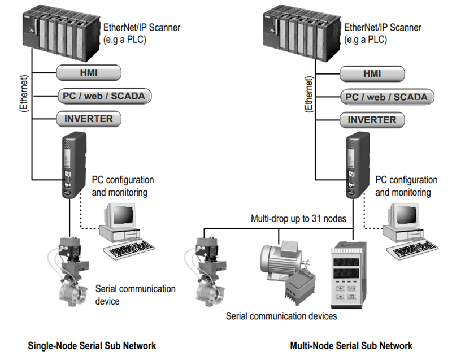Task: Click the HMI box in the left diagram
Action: pyautogui.click(x=88, y=72)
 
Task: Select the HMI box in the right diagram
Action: pyautogui.click(x=371, y=74)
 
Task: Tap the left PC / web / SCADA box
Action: pyautogui.click(x=102, y=96)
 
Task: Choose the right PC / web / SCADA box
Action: pyautogui.click(x=386, y=97)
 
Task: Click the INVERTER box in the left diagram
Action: pyautogui.click(x=88, y=119)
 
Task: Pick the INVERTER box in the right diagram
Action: pyautogui.click(x=371, y=120)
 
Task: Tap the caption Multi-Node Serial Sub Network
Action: pyautogui.click(x=351, y=345)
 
